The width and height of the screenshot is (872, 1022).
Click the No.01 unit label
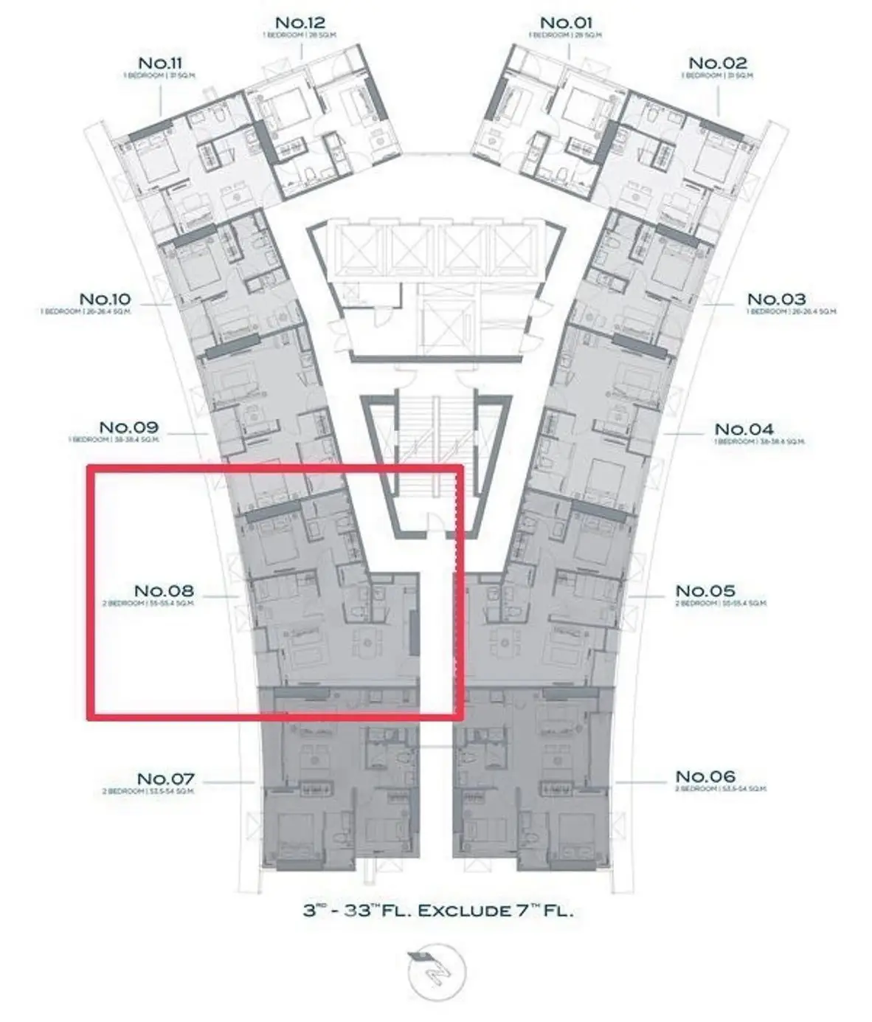tap(566, 23)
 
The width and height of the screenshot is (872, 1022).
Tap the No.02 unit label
tap(717, 63)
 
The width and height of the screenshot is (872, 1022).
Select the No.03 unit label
tap(776, 299)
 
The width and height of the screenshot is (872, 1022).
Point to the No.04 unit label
tap(744, 429)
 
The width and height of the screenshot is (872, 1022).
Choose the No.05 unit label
tap(705, 591)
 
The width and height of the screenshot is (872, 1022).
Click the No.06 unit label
tap(705, 776)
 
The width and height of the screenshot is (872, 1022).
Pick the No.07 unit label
tap(166, 778)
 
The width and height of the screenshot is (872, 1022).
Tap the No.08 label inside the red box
tap(164, 591)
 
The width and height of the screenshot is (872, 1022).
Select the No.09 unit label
tap(128, 427)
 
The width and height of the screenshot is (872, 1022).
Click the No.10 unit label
tap(105, 299)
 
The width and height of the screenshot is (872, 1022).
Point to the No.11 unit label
tap(160, 63)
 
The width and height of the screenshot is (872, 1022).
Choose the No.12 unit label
tap(300, 23)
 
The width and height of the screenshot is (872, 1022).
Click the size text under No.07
tap(148, 792)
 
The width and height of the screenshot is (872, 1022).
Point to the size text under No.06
tap(721, 789)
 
